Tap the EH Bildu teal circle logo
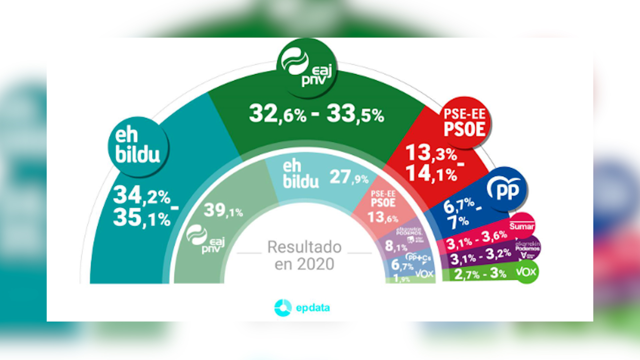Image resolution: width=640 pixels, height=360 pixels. (x=138, y=147)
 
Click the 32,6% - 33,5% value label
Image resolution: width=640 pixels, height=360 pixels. (x=316, y=114)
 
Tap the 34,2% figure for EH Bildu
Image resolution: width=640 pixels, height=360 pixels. (x=142, y=195)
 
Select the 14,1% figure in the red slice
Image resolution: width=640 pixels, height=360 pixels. (x=431, y=174)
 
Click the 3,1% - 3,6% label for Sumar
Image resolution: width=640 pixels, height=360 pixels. (x=477, y=240)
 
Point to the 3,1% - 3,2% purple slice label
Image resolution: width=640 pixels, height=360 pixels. (x=480, y=256)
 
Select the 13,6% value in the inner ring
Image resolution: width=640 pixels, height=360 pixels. (x=383, y=218)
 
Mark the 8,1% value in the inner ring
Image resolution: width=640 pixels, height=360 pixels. (x=396, y=246)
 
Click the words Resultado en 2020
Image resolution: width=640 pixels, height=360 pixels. (x=304, y=255)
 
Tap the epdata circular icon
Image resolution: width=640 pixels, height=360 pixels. (x=283, y=308)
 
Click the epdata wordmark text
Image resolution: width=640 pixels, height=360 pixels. (x=313, y=308)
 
